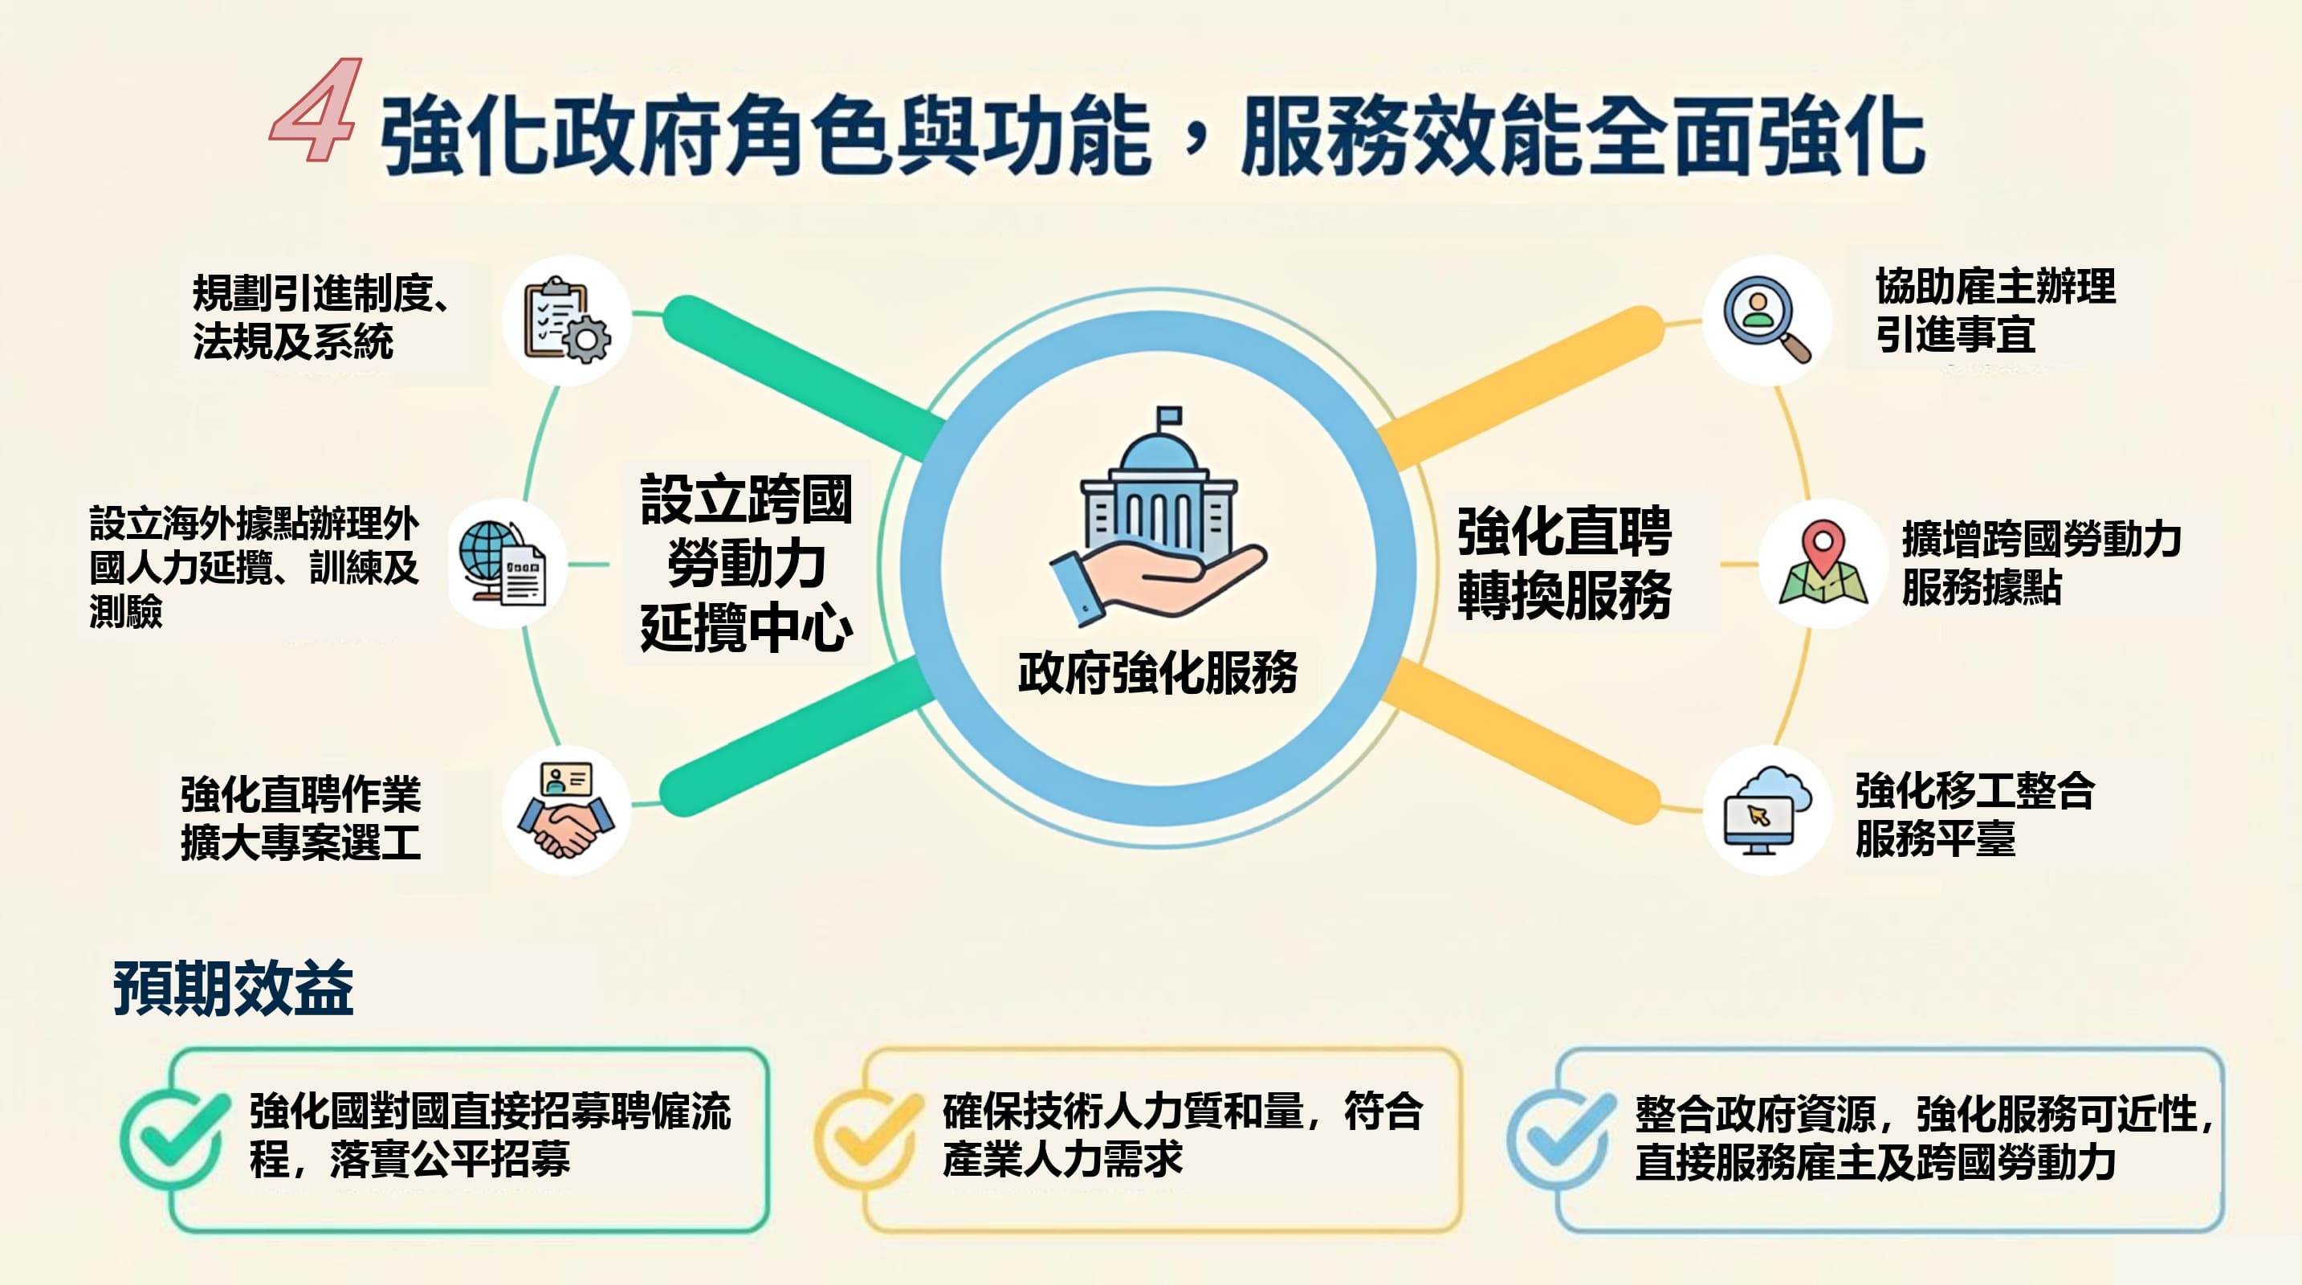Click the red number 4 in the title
tap(317, 112)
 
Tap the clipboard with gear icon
tap(567, 320)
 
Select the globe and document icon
tap(505, 564)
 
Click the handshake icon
tap(567, 810)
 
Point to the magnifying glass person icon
tap(1766, 319)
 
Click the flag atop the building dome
tap(1169, 416)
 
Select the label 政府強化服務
tap(1157, 672)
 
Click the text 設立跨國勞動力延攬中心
tap(746, 563)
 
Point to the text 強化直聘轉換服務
tap(1564, 563)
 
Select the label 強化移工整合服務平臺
tap(1975, 814)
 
